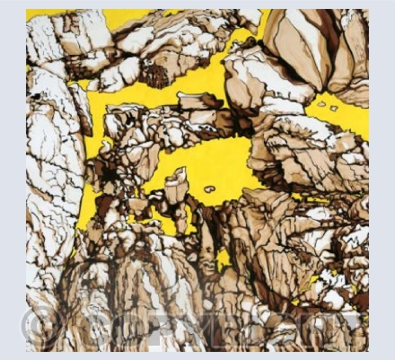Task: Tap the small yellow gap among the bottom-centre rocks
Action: (223, 260)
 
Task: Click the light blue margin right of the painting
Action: (382, 180)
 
